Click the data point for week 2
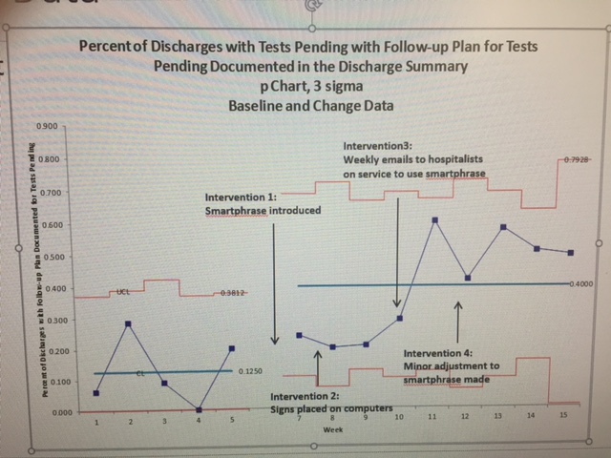[x=129, y=324]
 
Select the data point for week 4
[x=199, y=409]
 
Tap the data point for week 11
[x=435, y=220]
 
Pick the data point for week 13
[x=503, y=227]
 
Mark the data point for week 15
[x=570, y=253]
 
